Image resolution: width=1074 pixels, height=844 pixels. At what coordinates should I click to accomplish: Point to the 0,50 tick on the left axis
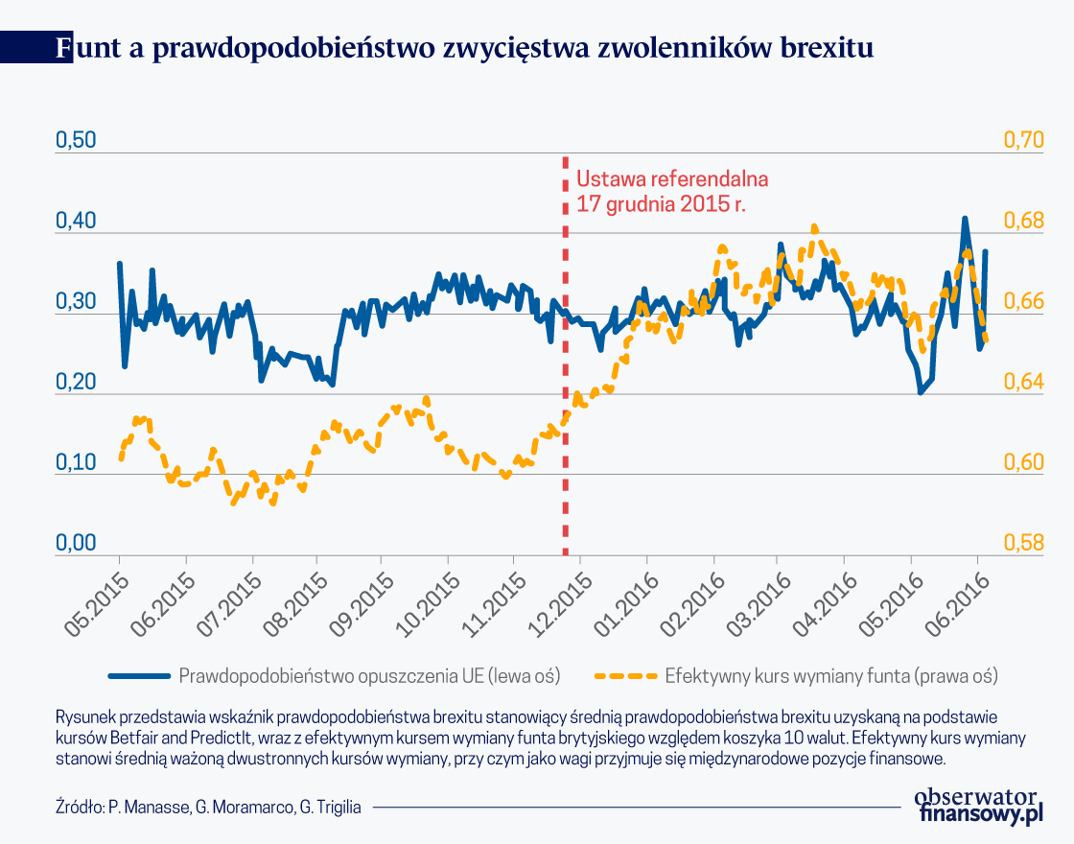tap(77, 140)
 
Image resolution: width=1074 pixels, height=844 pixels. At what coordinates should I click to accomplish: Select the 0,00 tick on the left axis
tap(77, 543)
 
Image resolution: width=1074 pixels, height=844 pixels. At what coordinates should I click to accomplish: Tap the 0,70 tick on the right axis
tap(1023, 140)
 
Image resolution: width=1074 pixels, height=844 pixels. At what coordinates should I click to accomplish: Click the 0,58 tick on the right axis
tap(1023, 543)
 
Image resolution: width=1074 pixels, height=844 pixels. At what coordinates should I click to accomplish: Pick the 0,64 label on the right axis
tap(1023, 382)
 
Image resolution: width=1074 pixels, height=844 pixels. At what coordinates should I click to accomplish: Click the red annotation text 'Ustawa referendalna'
tap(672, 179)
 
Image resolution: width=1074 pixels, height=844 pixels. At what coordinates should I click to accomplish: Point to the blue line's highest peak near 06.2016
tap(965, 220)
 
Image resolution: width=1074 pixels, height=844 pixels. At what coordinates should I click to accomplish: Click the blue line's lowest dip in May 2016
tap(921, 391)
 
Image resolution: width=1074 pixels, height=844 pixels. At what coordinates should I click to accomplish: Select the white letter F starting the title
tap(63, 48)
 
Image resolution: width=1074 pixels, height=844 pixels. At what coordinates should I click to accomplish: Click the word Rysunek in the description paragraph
tap(83, 717)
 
